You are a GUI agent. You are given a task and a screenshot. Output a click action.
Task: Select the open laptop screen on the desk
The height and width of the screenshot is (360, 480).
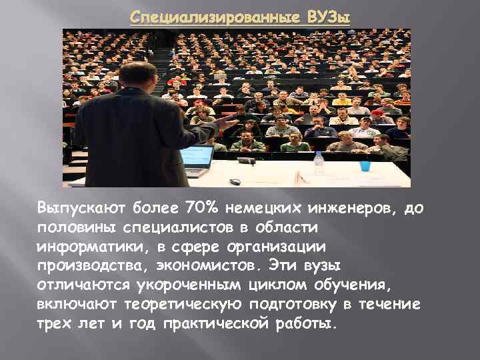[x=197, y=157]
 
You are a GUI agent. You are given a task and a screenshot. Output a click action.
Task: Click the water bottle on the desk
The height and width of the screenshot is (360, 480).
[x=319, y=161]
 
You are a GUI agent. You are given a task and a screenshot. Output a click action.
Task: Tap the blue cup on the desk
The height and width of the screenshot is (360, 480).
[x=365, y=165]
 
